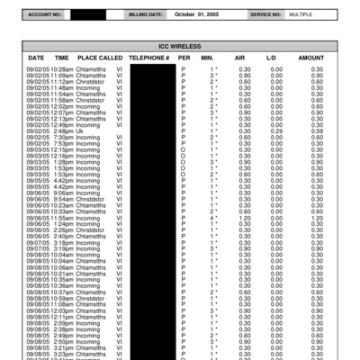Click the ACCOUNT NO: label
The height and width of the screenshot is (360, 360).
tap(45, 15)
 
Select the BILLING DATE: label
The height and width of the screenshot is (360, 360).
tap(146, 15)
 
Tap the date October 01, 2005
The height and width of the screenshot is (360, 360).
tap(197, 15)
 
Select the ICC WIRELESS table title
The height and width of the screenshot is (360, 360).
tap(180, 44)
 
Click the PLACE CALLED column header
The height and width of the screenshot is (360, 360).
tap(100, 57)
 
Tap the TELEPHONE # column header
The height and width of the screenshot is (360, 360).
tap(149, 57)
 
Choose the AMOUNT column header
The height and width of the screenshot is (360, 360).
tap(310, 57)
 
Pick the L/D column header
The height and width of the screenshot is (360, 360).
tap(270, 57)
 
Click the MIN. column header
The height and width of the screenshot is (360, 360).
tap(211, 57)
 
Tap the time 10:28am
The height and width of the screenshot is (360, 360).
tap(62, 68)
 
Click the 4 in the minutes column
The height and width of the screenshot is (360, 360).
tap(211, 217)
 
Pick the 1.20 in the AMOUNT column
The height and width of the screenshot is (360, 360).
tap(317, 217)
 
